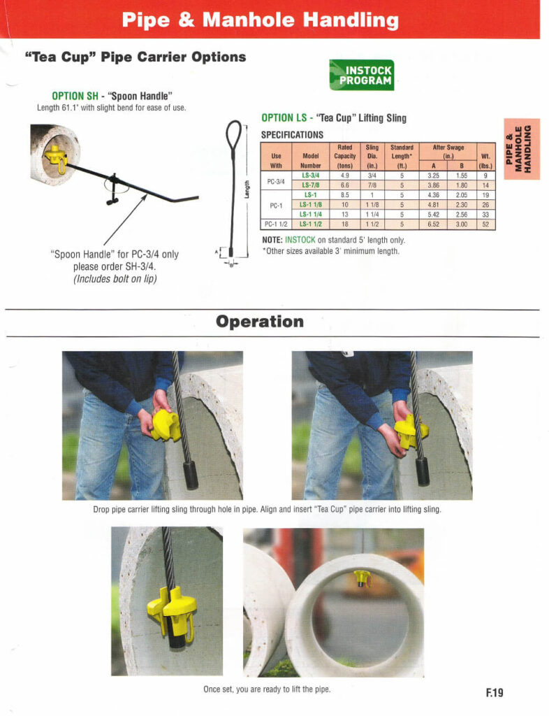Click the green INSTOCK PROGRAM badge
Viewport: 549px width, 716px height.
pos(361,74)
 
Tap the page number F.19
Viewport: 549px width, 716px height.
pos(494,693)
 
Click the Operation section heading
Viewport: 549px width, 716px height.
pos(260,322)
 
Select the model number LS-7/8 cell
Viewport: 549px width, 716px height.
pos(311,185)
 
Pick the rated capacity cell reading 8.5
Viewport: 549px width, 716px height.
pos(344,195)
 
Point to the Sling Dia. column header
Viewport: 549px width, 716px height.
pos(372,157)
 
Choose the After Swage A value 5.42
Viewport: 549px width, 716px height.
pos(433,215)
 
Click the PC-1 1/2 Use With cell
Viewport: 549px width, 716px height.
pos(275,224)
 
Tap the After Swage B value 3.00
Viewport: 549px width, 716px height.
pos(462,224)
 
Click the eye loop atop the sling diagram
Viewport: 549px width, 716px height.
pos(233,131)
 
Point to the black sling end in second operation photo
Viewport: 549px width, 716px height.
pos(422,471)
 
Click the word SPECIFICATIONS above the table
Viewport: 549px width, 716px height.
pos(292,134)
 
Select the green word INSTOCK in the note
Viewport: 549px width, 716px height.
pos(300,240)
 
